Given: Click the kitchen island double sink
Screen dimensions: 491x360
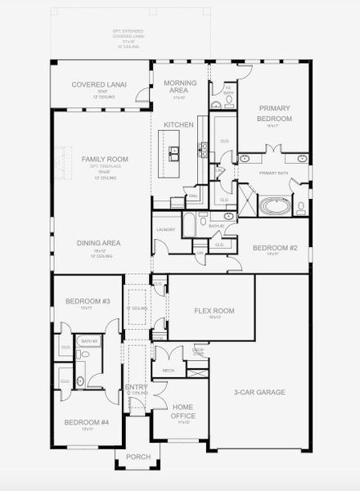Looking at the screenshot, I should tap(174, 153).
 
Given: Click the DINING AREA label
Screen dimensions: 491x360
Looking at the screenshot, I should tap(99, 243).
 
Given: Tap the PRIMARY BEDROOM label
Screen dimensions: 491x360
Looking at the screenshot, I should tap(276, 113).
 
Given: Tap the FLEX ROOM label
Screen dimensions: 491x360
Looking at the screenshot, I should tap(214, 310).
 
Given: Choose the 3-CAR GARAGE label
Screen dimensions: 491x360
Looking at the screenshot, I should tap(259, 392).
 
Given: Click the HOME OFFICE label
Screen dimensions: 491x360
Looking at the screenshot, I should tap(183, 411).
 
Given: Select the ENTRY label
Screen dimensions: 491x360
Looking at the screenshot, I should tap(136, 388).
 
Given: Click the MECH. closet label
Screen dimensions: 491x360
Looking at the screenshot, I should tap(169, 370).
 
